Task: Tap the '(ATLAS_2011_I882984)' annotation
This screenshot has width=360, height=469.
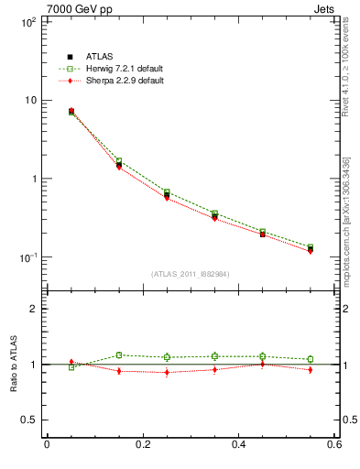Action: tap(190, 274)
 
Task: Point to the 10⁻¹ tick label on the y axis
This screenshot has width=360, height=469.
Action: tap(27, 256)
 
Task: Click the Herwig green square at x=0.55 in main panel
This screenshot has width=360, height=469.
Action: tap(311, 247)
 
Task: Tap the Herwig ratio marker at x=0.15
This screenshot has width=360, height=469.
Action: tap(119, 355)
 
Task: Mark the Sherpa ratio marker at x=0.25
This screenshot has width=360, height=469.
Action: tap(167, 373)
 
